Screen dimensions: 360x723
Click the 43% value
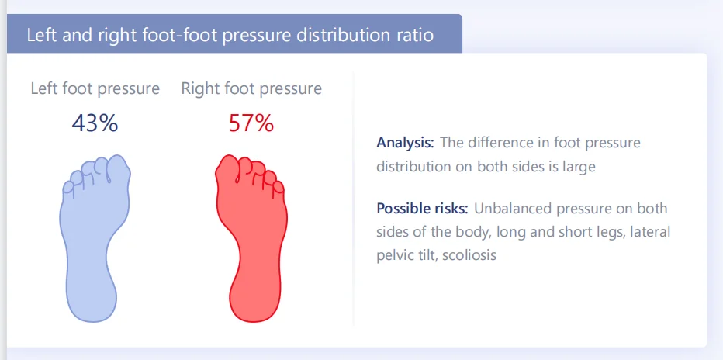pyautogui.click(x=95, y=123)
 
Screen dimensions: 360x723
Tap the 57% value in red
pyautogui.click(x=251, y=123)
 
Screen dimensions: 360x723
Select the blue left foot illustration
pyautogui.click(x=93, y=241)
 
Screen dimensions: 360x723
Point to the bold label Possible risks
pyautogui.click(x=421, y=209)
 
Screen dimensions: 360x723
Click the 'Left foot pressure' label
pyautogui.click(x=95, y=88)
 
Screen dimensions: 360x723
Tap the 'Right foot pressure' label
pyautogui.click(x=251, y=88)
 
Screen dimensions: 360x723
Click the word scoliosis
pyautogui.click(x=469, y=254)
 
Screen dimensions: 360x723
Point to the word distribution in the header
pyautogui.click(x=345, y=36)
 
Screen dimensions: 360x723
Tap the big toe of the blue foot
pyautogui.click(x=116, y=169)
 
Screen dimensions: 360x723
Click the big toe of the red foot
pyautogui.click(x=228, y=169)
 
